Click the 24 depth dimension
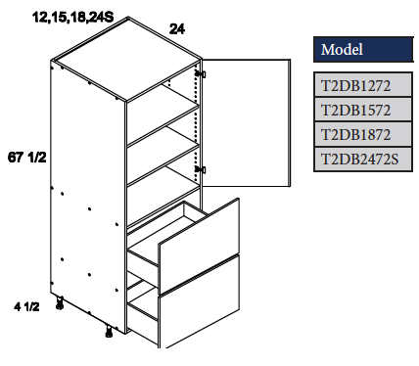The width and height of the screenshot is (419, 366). coord(179,29)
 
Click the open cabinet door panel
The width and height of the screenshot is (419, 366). coord(247,123)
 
